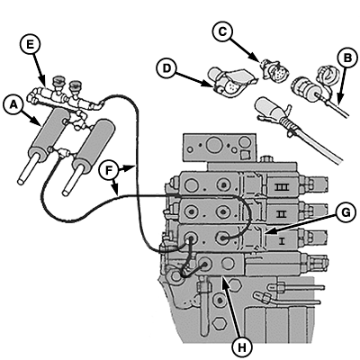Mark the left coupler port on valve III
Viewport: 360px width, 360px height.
(x=193, y=183)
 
